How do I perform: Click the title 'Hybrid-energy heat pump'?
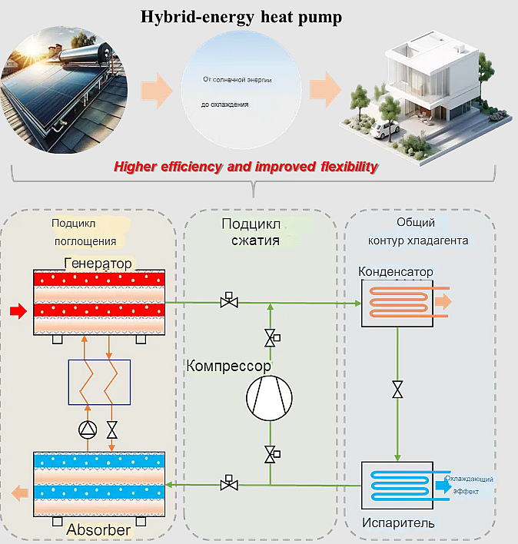click(x=241, y=17)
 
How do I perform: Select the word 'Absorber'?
click(x=98, y=529)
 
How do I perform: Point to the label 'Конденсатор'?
click(x=396, y=272)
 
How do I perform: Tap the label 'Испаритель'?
click(x=398, y=523)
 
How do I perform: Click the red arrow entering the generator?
click(x=17, y=311)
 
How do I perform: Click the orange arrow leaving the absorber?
click(x=16, y=490)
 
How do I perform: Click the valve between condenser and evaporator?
click(x=397, y=390)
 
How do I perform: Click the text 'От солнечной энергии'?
click(x=237, y=80)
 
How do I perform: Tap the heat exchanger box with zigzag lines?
click(x=99, y=382)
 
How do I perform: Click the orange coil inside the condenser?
click(x=397, y=302)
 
